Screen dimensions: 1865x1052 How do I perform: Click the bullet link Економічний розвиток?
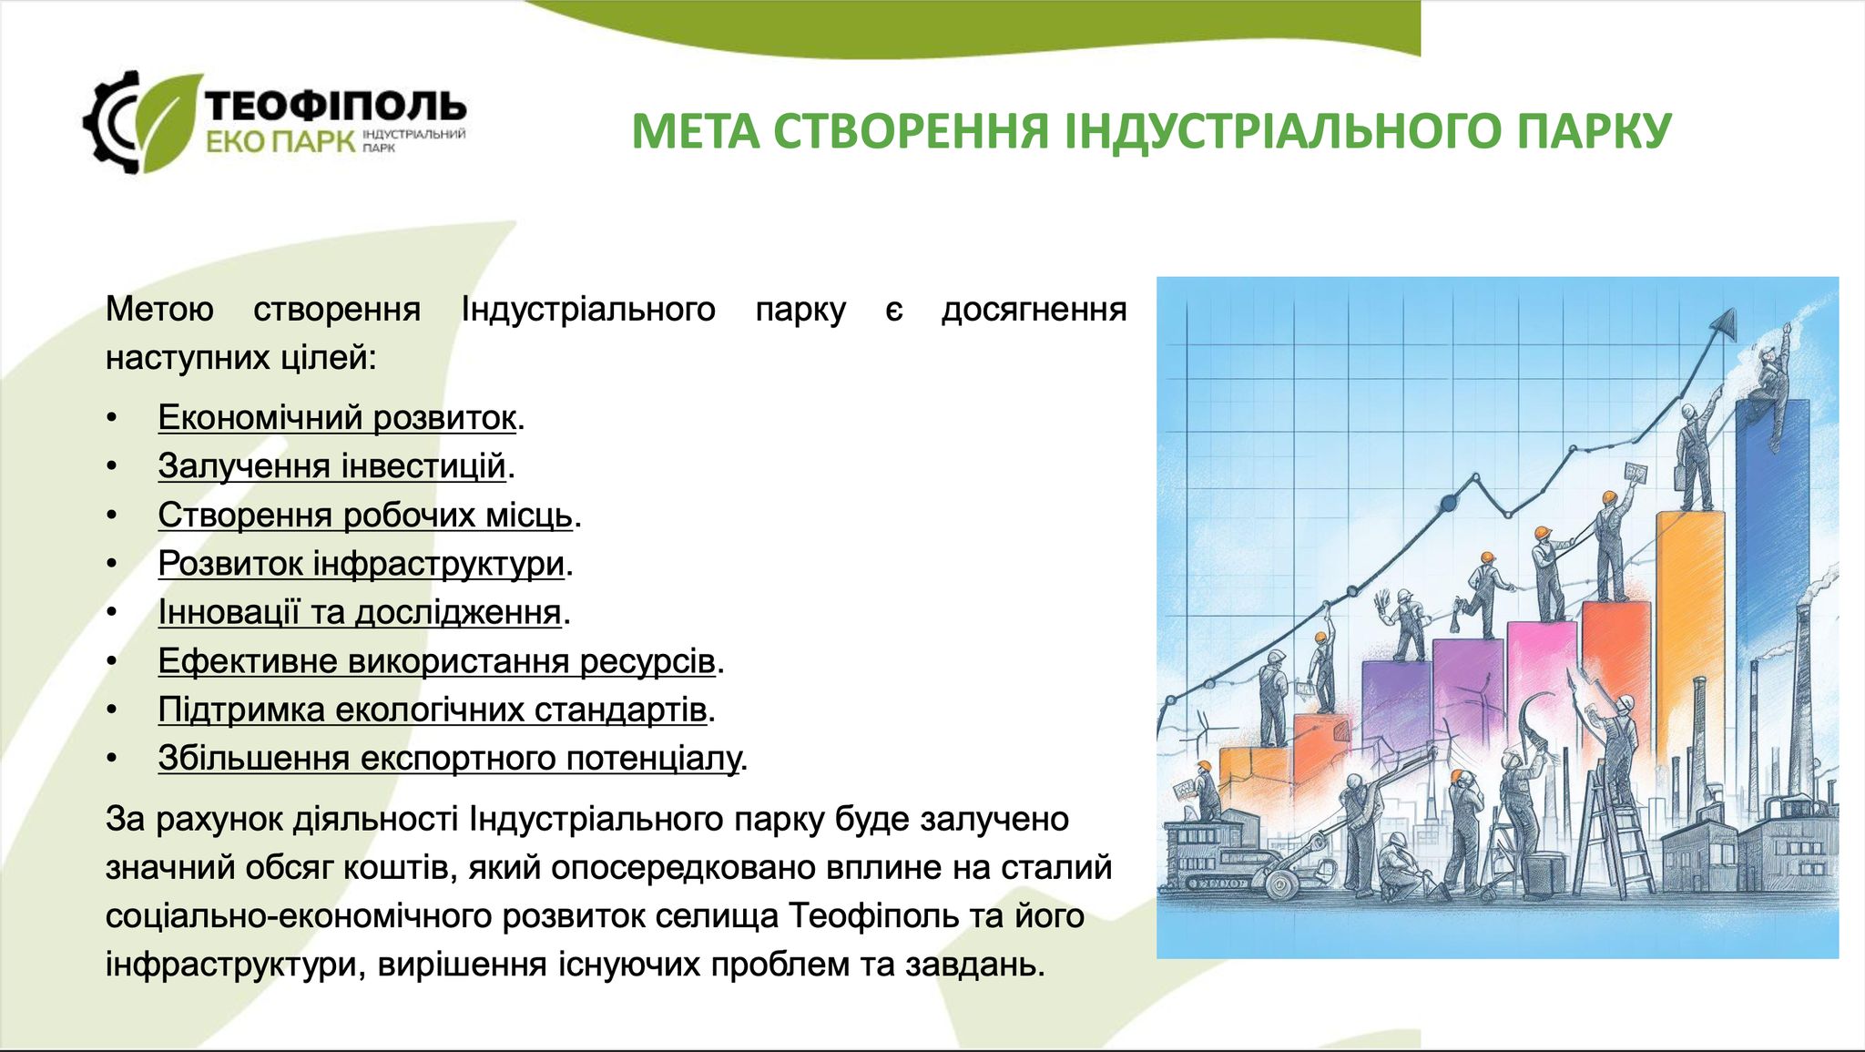click(337, 417)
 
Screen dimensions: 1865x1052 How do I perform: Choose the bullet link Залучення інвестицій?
click(331, 466)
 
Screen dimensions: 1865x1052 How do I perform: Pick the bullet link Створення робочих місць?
click(365, 516)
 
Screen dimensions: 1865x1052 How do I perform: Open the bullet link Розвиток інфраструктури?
click(362, 564)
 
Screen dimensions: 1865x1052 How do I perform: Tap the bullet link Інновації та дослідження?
click(360, 612)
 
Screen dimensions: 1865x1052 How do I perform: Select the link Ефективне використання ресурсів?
click(436, 661)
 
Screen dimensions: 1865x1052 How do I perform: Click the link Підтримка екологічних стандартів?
click(433, 710)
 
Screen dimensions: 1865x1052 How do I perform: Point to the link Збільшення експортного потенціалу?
click(449, 758)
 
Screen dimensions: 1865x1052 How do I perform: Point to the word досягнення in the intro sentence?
click(1034, 310)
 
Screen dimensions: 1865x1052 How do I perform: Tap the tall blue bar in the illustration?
click(1772, 601)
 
